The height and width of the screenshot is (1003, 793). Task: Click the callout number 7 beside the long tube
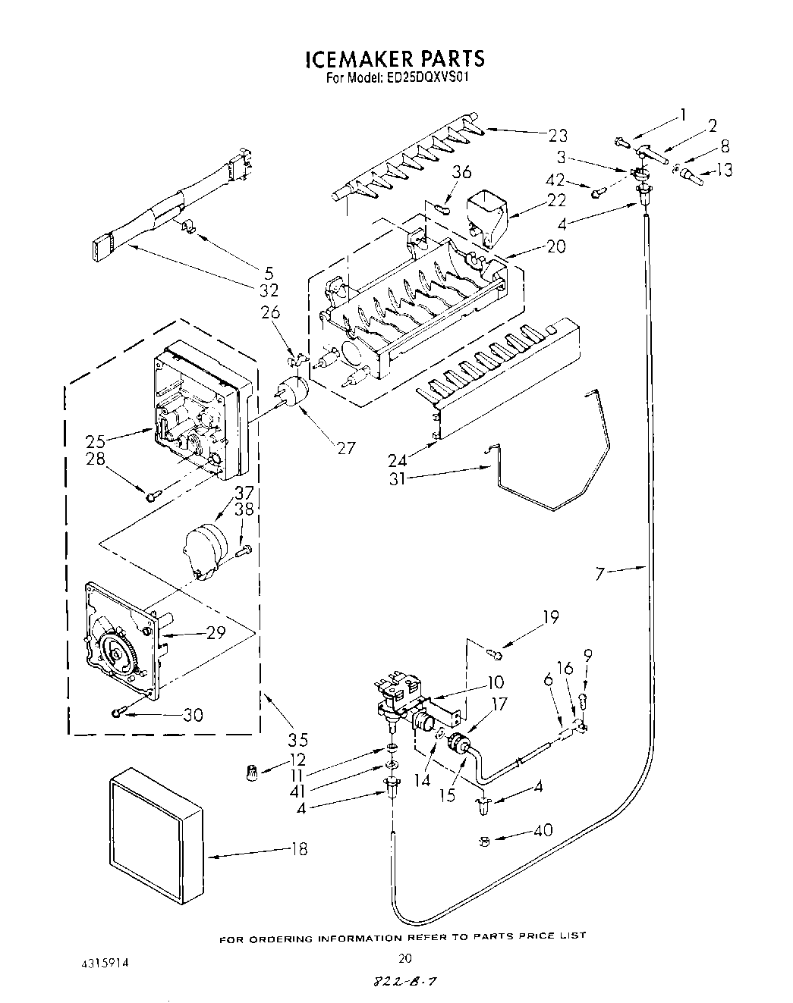(600, 574)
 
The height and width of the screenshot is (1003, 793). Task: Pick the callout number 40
(543, 830)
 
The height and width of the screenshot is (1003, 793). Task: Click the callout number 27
(345, 447)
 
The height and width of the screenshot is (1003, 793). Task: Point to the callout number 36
(462, 173)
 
